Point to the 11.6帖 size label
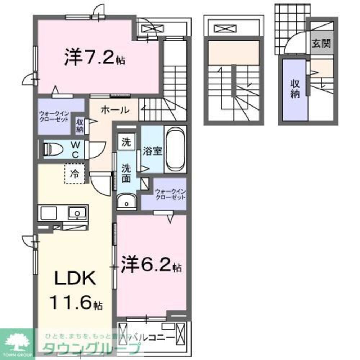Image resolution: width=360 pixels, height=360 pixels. coord(78,303)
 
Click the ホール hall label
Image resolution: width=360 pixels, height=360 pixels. coord(114,110)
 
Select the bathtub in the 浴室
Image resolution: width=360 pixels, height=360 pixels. coord(176,149)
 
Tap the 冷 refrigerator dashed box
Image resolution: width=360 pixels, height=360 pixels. coord(75,174)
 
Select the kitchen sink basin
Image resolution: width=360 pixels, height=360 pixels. coord(77,213)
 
